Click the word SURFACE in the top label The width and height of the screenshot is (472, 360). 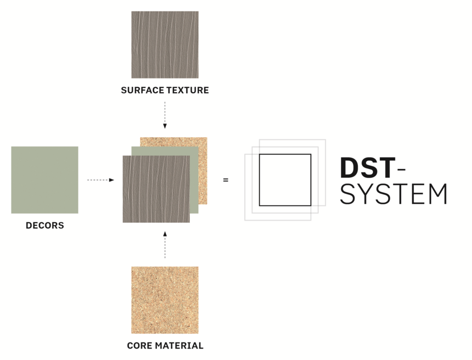click(143, 90)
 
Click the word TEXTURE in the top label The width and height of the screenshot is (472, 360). click(188, 90)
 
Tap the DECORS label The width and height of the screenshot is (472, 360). click(45, 226)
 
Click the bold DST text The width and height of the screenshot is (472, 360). click(367, 168)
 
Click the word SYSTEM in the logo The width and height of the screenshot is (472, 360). click(394, 194)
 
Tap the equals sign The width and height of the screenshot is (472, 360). click(226, 180)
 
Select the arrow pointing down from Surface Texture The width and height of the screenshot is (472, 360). click(165, 115)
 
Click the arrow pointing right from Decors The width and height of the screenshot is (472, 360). click(100, 180)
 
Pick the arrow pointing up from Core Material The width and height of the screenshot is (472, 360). click(165, 245)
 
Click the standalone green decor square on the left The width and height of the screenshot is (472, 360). click(44, 180)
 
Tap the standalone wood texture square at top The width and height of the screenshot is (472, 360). click(165, 45)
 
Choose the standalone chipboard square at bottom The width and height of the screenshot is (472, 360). click(165, 300)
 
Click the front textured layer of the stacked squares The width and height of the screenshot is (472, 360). click(156, 189)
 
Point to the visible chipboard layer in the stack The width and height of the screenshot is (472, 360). click(203, 175)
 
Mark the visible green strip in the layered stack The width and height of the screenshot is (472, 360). click(194, 184)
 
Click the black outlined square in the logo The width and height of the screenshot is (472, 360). click(259, 180)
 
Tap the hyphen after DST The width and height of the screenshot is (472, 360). click(402, 170)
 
